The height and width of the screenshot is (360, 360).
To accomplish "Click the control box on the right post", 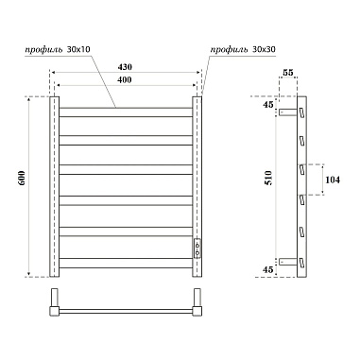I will [197, 249].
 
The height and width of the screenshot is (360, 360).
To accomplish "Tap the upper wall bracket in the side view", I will [285, 113].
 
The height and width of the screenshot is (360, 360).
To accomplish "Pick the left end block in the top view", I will [54, 308].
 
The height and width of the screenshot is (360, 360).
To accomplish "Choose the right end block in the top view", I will [198, 308].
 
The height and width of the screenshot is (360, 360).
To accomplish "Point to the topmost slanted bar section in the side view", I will [302, 113].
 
